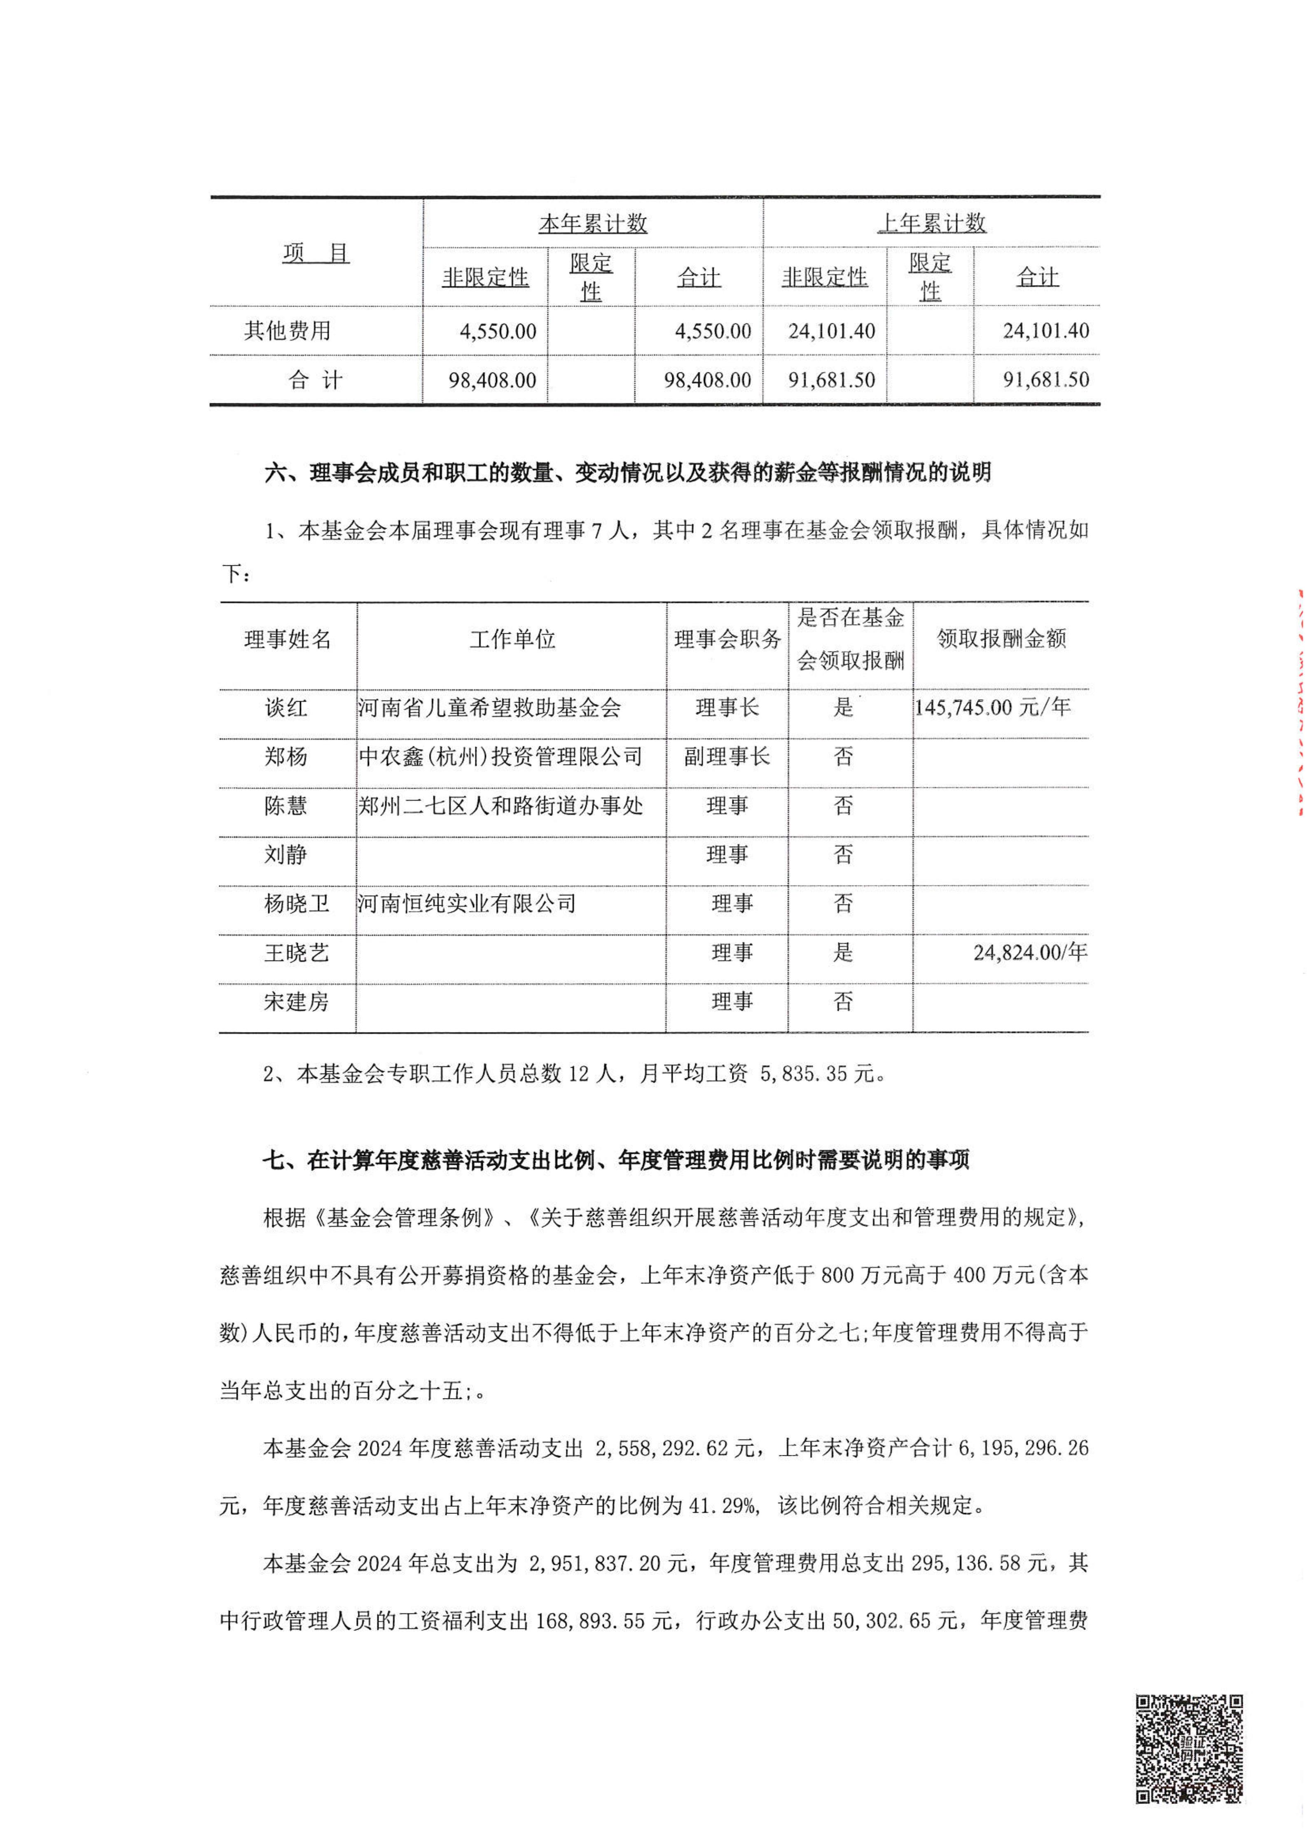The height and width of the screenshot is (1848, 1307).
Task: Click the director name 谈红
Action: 286,707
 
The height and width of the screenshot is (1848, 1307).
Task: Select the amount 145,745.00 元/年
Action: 992,707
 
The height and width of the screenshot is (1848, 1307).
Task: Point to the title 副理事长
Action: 727,757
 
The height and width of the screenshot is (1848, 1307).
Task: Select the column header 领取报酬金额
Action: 1001,639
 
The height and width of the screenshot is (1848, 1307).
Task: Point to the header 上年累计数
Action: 931,224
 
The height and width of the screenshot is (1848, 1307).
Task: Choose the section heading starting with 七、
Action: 616,1160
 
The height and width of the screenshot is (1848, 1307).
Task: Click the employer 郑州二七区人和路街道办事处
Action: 500,806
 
